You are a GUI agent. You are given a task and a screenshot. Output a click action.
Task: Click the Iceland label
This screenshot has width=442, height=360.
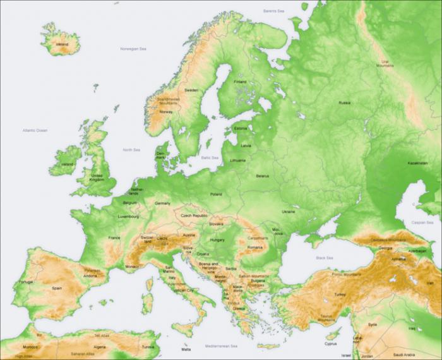point(63,45)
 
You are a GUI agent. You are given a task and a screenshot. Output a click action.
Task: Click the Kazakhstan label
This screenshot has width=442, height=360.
point(418,163)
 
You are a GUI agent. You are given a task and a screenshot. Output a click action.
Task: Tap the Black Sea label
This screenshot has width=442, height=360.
point(325,258)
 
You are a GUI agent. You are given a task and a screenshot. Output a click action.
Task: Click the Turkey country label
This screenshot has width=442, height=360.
point(340,294)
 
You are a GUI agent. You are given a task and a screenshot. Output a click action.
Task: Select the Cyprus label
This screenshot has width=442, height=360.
point(331,344)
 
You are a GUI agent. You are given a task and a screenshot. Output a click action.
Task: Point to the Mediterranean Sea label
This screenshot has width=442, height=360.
point(222,347)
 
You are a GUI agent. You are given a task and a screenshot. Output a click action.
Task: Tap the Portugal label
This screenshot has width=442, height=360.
point(26,282)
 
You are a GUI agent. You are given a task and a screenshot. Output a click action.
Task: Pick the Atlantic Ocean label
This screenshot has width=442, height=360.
point(35,130)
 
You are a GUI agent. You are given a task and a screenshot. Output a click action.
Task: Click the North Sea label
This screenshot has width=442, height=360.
point(131,150)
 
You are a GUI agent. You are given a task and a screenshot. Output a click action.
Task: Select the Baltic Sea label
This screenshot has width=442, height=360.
point(209,157)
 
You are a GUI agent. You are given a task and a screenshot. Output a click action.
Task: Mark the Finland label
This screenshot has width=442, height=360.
point(241,81)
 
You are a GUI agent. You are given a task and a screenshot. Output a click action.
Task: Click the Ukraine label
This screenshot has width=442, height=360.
point(288,211)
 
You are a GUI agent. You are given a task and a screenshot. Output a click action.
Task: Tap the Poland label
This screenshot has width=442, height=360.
point(216,195)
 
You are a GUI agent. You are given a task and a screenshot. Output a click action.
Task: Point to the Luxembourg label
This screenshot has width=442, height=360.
point(128,217)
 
